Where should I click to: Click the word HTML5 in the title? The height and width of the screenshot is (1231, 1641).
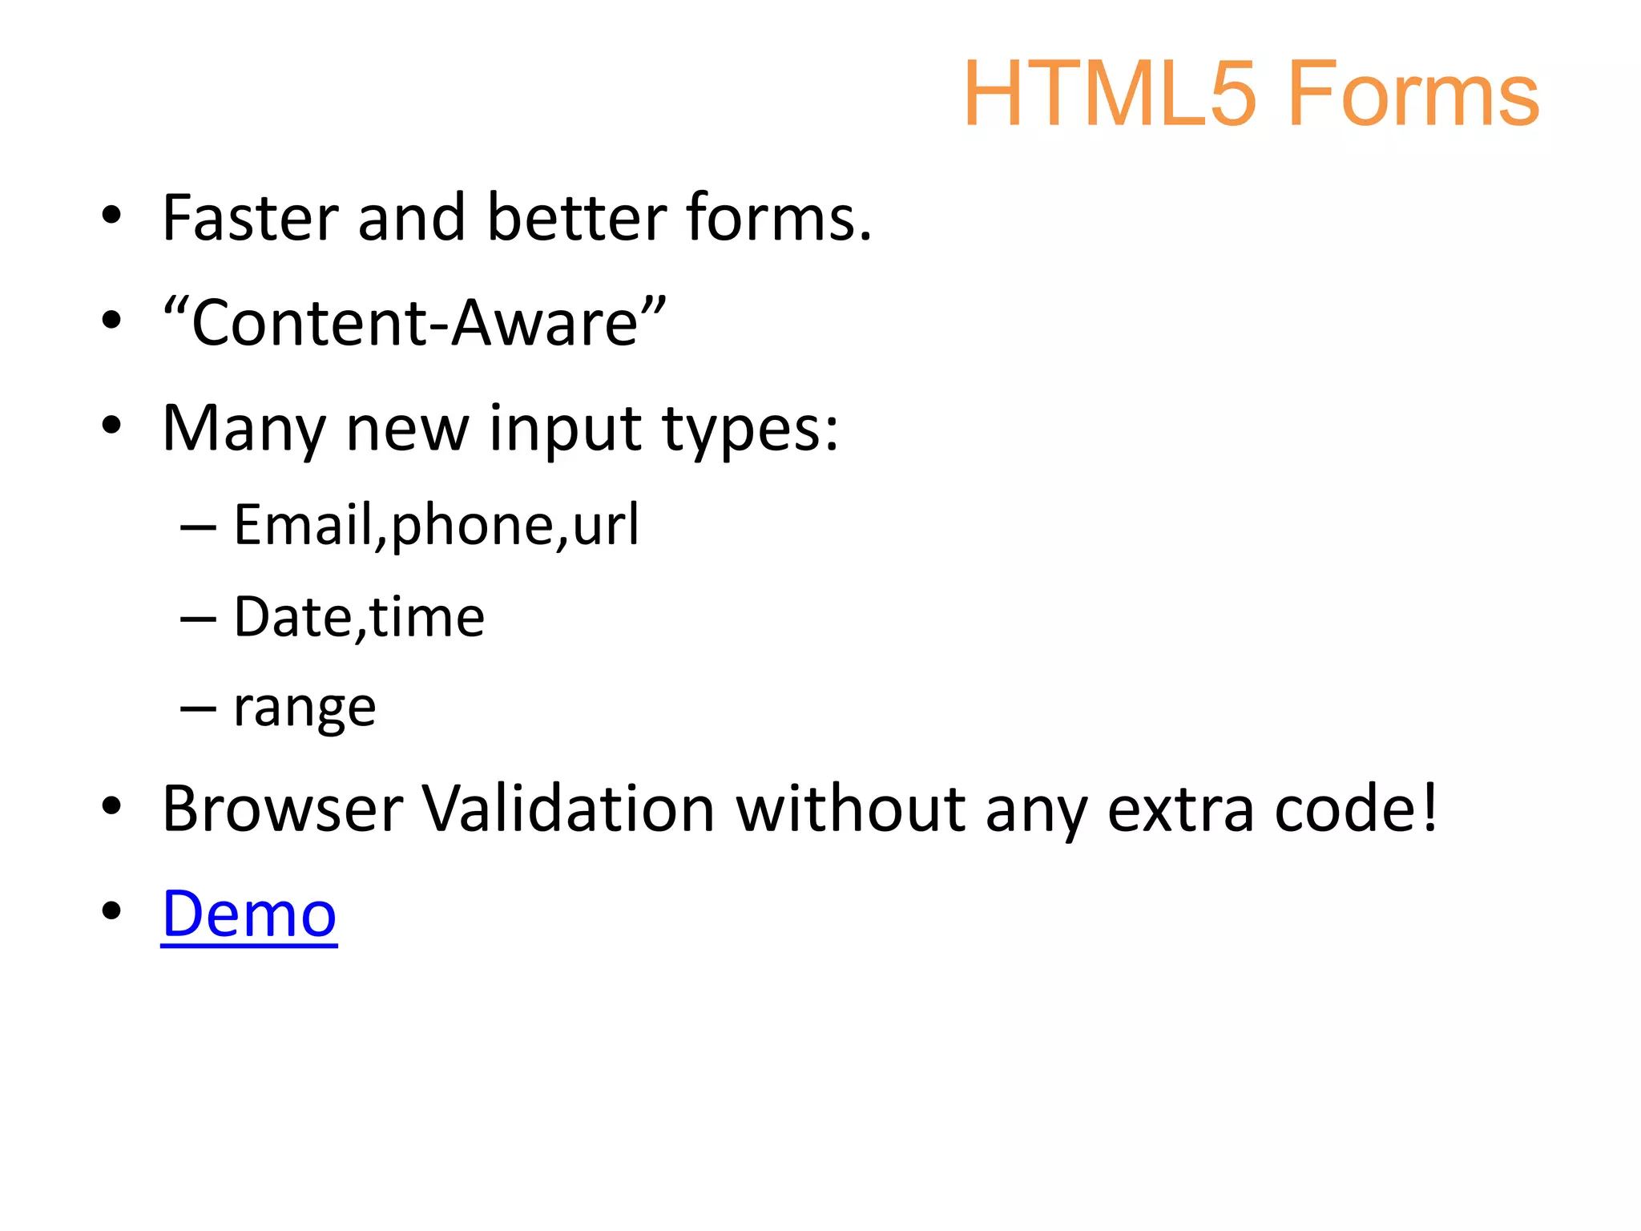coord(1109,95)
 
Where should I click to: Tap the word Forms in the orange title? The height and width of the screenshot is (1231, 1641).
coord(1413,95)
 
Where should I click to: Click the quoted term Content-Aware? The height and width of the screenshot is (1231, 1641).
coord(414,323)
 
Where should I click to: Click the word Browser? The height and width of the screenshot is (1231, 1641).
coord(283,809)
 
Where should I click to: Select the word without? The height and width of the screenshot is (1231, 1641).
coord(850,809)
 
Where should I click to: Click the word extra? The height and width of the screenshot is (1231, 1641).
coord(1180,809)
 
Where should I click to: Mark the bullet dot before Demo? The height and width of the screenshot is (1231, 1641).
coord(111,910)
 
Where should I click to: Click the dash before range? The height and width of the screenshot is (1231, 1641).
coord(198,709)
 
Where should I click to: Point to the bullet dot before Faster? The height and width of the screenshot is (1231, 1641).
coord(111,215)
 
